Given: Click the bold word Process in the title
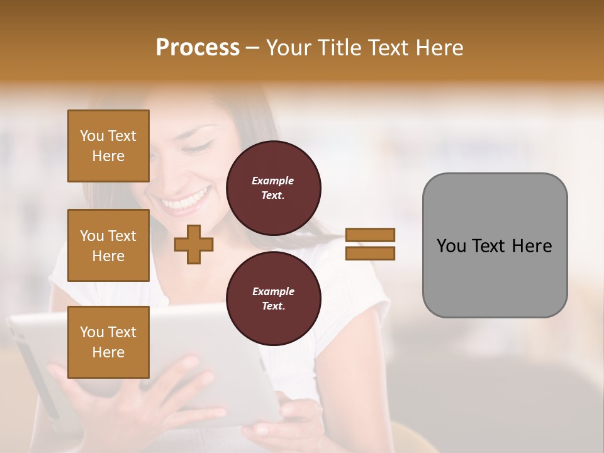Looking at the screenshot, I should [198, 48].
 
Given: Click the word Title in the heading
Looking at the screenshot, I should [338, 48].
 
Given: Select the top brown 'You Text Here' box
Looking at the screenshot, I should [108, 146].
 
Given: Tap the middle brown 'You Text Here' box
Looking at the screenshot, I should [108, 245].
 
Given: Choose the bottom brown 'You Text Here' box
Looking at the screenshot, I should [108, 342].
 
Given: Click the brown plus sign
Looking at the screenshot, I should [194, 245].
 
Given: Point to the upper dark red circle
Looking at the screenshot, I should [274, 188].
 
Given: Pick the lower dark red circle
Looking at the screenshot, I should [274, 299].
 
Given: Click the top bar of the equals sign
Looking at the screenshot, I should [370, 235].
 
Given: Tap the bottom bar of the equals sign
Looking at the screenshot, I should [370, 254].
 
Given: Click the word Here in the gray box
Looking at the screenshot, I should [532, 246].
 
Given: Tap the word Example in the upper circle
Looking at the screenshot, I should [273, 181].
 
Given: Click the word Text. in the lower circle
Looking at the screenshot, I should [273, 306].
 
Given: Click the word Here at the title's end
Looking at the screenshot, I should [438, 48].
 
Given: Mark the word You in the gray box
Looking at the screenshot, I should [451, 246].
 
